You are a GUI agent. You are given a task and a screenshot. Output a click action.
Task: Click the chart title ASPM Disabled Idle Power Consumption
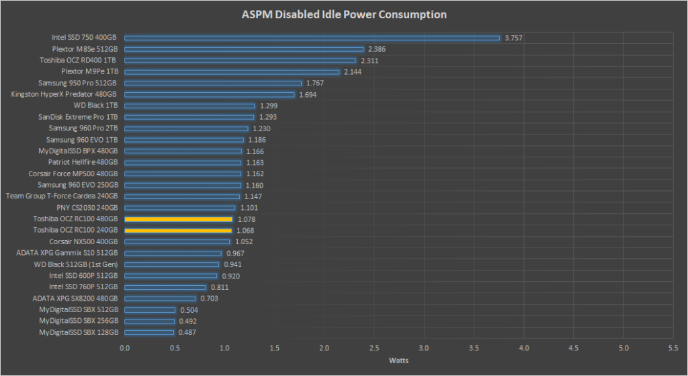click(343, 14)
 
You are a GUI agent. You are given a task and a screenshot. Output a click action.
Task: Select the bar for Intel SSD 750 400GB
click(312, 38)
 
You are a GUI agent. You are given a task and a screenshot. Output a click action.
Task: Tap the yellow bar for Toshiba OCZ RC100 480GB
click(178, 219)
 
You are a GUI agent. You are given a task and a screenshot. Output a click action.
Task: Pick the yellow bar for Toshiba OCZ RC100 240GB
click(178, 231)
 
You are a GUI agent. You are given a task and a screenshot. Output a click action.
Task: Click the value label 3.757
click(513, 38)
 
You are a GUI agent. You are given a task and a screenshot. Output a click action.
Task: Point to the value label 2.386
click(377, 49)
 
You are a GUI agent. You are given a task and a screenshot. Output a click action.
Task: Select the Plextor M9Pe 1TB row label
click(89, 72)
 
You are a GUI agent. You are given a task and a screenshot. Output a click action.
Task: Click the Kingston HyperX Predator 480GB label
click(64, 94)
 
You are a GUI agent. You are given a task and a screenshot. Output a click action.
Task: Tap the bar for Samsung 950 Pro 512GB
click(213, 83)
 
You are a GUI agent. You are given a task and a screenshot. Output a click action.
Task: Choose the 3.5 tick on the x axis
click(474, 348)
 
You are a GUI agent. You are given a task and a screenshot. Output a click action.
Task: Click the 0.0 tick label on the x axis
click(125, 348)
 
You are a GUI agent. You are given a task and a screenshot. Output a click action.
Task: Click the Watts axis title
click(399, 361)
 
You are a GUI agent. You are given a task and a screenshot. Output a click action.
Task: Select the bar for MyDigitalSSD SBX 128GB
click(149, 332)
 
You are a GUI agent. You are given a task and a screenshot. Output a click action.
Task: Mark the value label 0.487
click(187, 332)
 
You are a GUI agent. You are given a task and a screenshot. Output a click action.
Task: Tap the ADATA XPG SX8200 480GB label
click(75, 299)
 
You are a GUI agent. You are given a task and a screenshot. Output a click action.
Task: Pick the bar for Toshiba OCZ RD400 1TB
click(240, 61)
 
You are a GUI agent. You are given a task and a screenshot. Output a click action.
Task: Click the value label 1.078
click(246, 219)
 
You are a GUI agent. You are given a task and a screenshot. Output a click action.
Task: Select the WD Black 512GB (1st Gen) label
click(76, 264)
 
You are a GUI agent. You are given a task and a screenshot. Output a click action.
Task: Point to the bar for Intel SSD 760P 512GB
click(165, 287)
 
